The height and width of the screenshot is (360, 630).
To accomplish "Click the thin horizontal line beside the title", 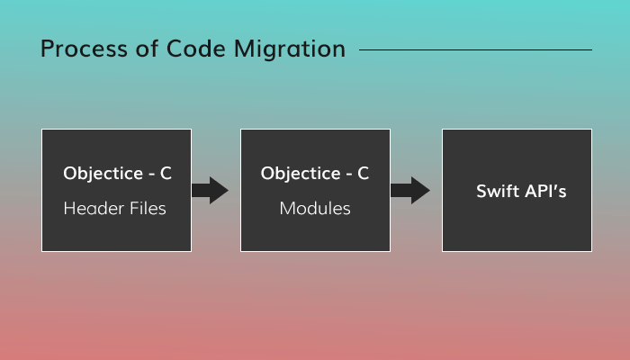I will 475,49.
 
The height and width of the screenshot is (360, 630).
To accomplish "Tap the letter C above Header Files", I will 166,174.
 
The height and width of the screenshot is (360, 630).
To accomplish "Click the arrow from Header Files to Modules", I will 211,190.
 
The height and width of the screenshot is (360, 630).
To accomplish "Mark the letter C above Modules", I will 364,174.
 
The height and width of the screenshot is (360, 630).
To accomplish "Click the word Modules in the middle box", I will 315,209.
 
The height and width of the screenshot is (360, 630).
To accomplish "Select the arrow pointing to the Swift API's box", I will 410,190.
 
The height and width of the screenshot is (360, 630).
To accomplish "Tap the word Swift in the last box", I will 495,191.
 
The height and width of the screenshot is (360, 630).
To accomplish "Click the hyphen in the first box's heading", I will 148,175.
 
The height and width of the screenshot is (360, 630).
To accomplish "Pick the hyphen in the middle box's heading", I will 346,175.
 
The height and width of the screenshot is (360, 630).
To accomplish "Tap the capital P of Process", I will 47,49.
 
